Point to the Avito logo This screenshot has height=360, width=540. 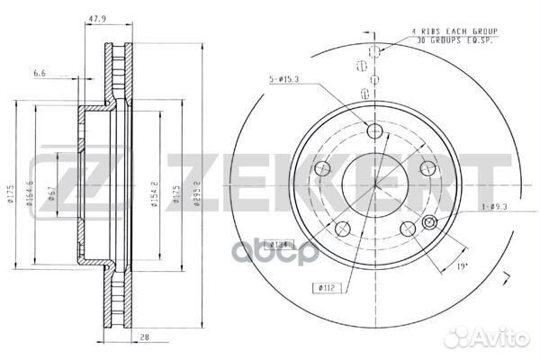tap(490, 339)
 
